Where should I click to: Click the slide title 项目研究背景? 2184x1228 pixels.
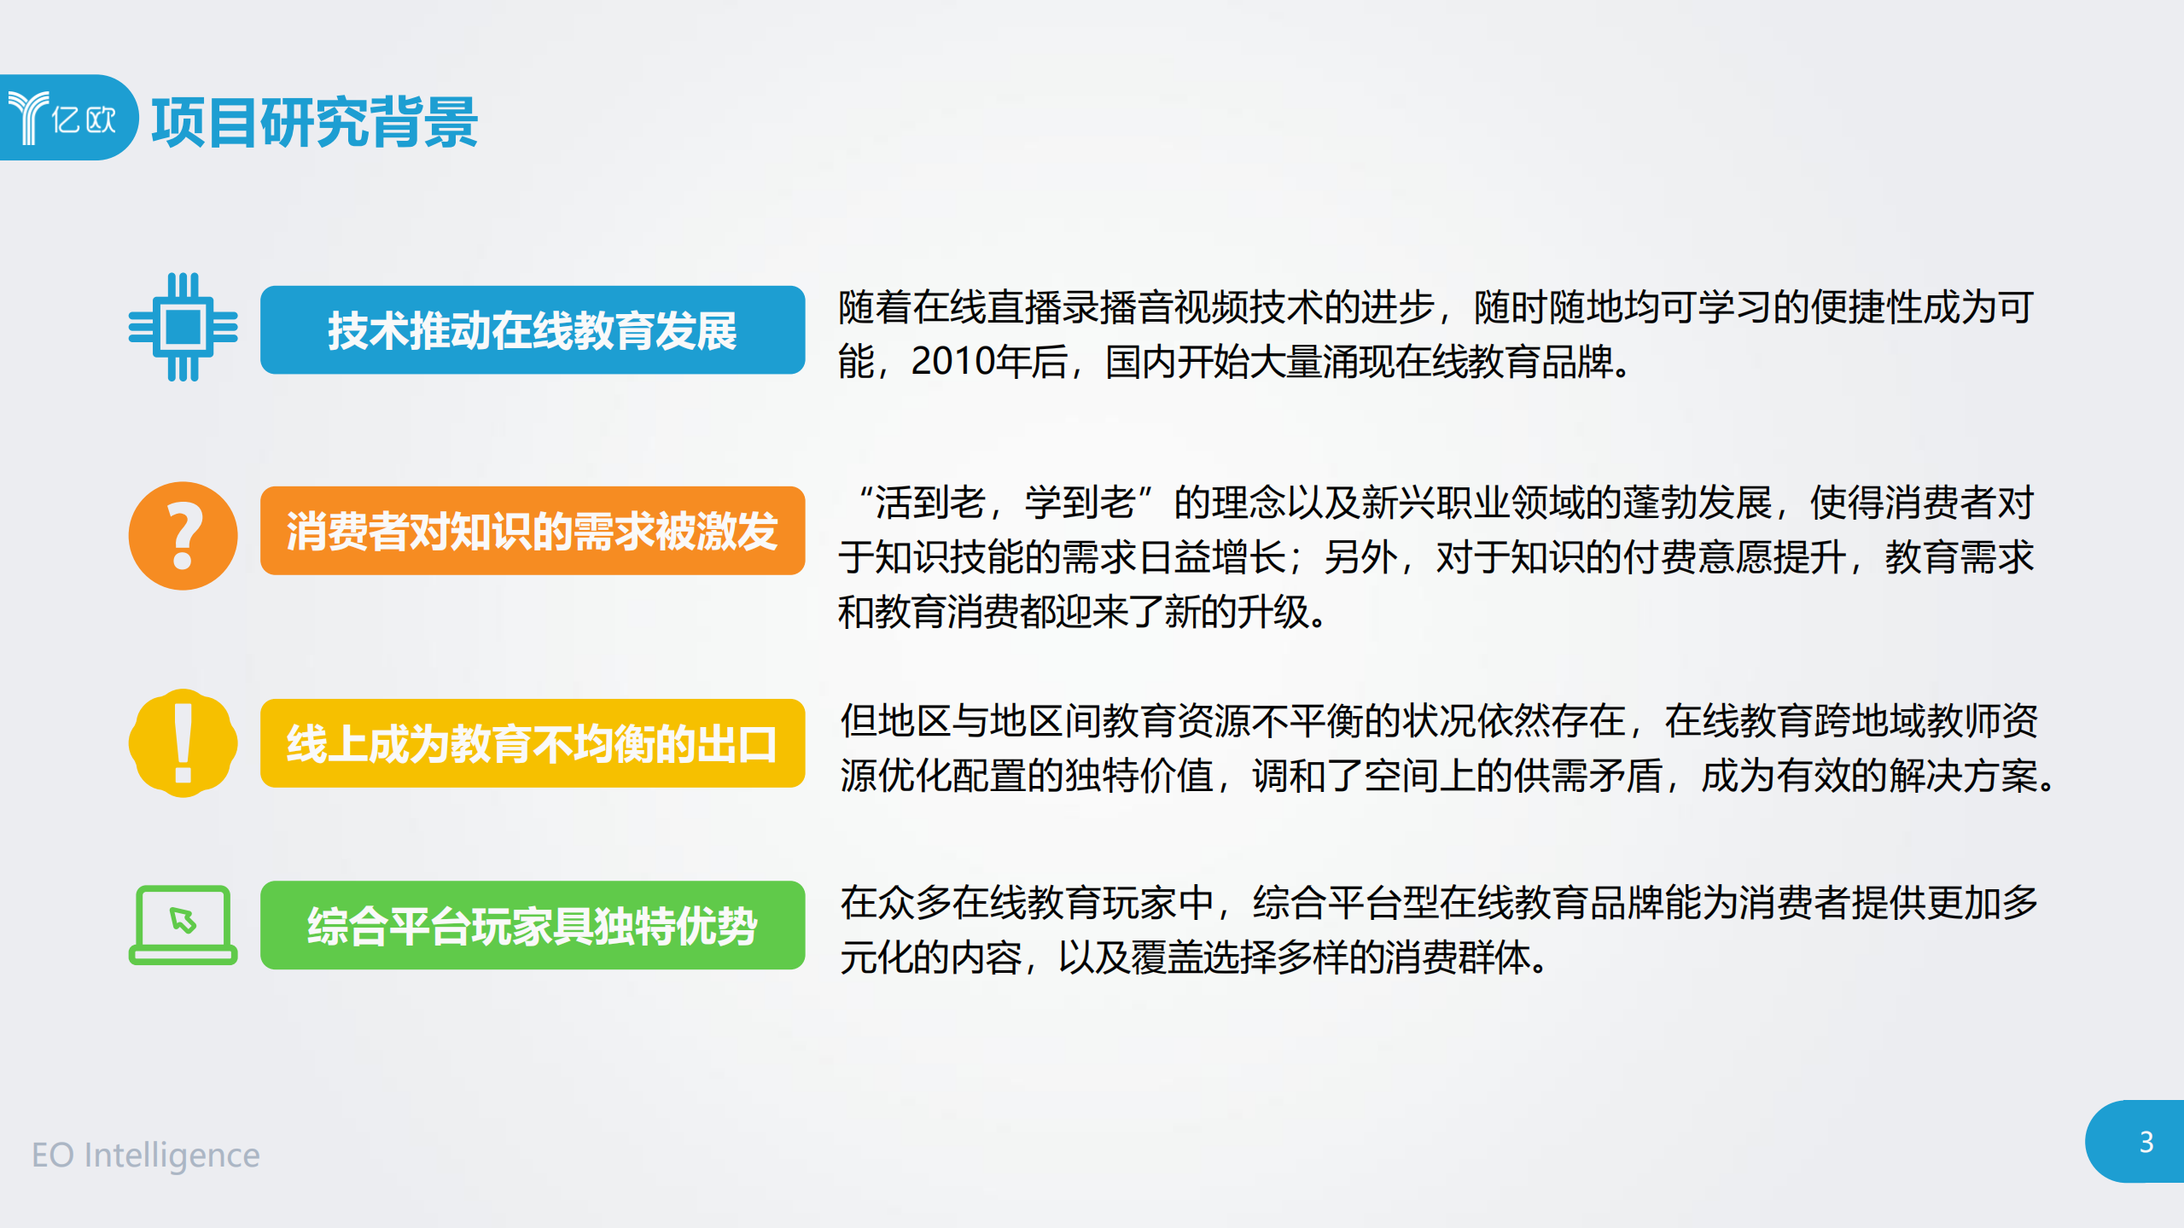click(314, 122)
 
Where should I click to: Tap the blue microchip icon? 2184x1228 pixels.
click(183, 327)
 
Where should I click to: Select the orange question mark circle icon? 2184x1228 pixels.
click(183, 536)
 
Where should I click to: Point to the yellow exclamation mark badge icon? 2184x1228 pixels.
click(183, 743)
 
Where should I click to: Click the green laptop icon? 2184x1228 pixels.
click(183, 925)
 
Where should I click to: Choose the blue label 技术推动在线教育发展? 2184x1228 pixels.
click(532, 330)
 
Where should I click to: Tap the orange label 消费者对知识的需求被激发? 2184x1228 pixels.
click(532, 531)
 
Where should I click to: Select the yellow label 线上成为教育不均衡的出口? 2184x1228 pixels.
click(532, 743)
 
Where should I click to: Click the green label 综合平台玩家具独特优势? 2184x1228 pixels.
click(532, 925)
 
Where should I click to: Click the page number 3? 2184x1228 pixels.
click(2146, 1142)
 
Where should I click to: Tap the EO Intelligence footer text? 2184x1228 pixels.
click(145, 1155)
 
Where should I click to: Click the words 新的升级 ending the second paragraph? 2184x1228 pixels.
click(1237, 612)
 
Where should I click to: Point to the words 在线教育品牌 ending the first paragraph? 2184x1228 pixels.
click(1506, 362)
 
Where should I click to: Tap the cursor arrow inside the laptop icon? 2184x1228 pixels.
click(183, 920)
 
